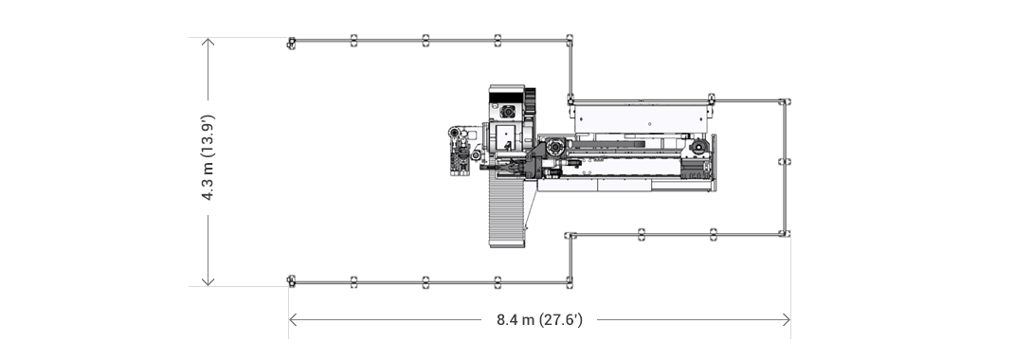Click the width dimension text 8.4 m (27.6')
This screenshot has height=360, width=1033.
[539, 320]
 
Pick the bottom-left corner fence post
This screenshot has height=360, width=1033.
[292, 280]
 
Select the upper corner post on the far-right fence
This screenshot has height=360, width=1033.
[785, 100]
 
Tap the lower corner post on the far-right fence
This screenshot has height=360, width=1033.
[785, 232]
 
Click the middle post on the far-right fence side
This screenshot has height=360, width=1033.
[785, 162]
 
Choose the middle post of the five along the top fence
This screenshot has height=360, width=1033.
[426, 40]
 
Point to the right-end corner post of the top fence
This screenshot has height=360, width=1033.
[570, 40]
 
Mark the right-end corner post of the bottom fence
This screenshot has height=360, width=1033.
[570, 280]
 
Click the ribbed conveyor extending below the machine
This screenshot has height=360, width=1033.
[506, 210]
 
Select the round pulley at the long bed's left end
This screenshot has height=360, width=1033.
[554, 148]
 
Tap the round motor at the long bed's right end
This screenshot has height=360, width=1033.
[698, 147]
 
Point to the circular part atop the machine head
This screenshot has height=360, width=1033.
[507, 112]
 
